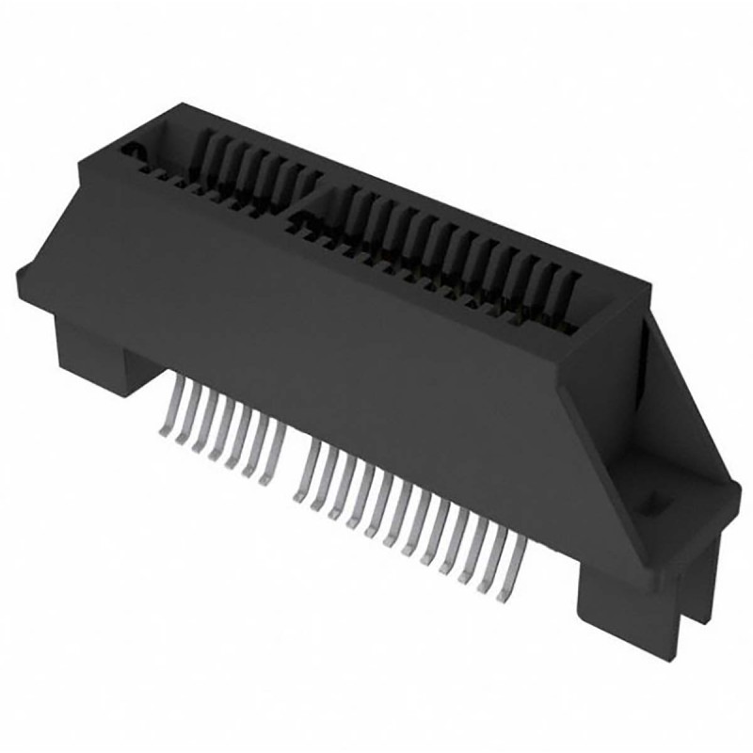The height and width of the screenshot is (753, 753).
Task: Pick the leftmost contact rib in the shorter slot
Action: pyautogui.click(x=203, y=151)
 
